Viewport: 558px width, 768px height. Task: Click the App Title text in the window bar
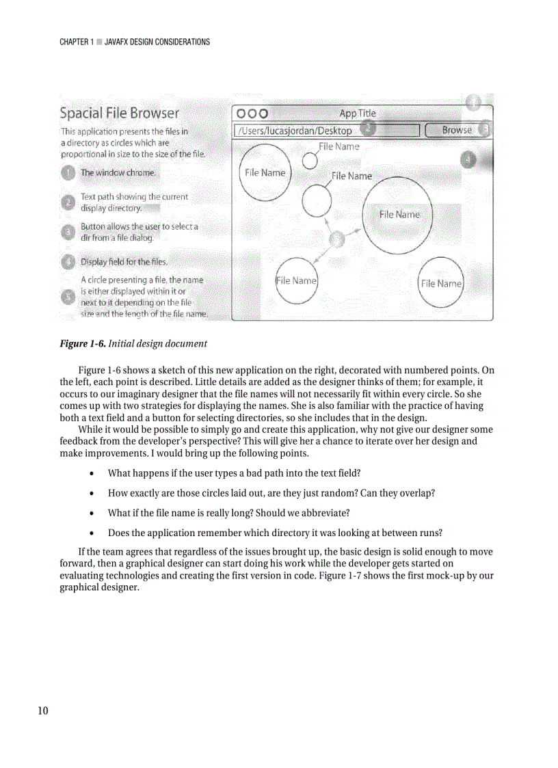[x=358, y=114]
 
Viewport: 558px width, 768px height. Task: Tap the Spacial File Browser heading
[x=120, y=113]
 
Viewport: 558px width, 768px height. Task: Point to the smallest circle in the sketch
[x=310, y=161]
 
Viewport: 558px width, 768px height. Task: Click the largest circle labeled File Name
[x=397, y=215]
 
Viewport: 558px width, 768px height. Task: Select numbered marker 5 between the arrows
[x=338, y=239]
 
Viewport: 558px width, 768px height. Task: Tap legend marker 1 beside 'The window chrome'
[x=68, y=173]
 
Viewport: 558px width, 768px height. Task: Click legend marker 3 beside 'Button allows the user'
[x=68, y=232]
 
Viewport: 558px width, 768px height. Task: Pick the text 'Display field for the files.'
[x=124, y=262]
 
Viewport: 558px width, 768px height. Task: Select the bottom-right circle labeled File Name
[x=441, y=282]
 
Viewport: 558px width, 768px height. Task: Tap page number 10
[x=43, y=711]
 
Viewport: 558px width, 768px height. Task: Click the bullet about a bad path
[x=234, y=473]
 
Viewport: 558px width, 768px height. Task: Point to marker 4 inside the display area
[x=468, y=159]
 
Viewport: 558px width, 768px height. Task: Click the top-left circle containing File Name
[x=265, y=174]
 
